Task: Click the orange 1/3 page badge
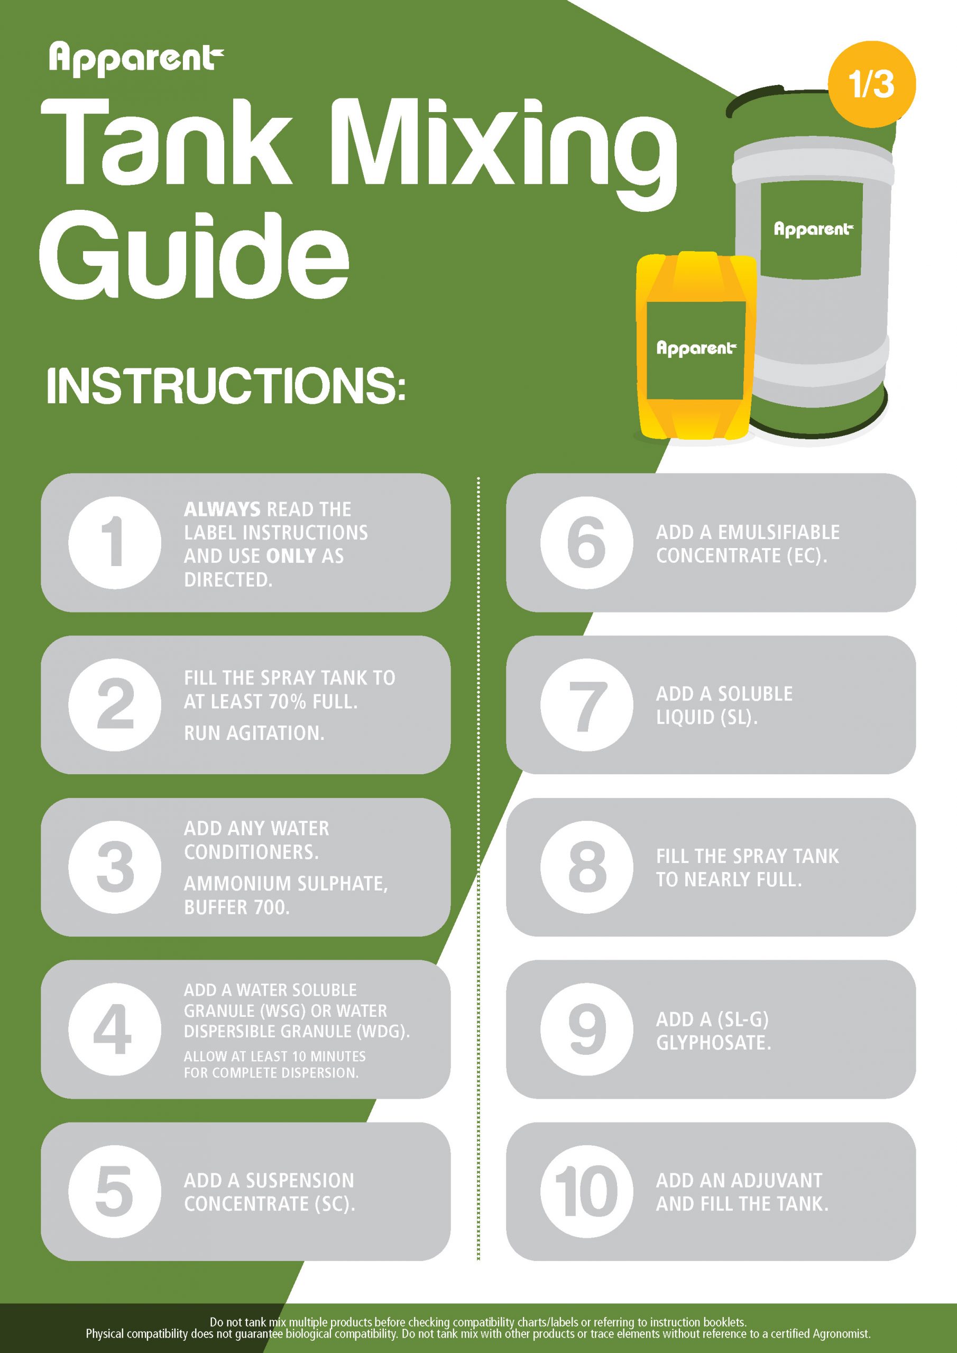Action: (x=871, y=84)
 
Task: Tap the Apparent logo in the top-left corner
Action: (x=136, y=59)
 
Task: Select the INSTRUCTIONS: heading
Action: (x=226, y=386)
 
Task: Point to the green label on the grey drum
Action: (x=812, y=230)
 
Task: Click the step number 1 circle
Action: (x=114, y=542)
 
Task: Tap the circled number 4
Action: (x=114, y=1029)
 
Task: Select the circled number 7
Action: (x=586, y=705)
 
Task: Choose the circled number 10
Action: (x=586, y=1191)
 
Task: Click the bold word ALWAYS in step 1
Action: (x=222, y=509)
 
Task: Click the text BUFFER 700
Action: (x=236, y=907)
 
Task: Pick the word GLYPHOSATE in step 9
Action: (x=713, y=1042)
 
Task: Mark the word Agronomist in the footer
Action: (x=841, y=1333)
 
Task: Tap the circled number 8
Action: (x=586, y=867)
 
